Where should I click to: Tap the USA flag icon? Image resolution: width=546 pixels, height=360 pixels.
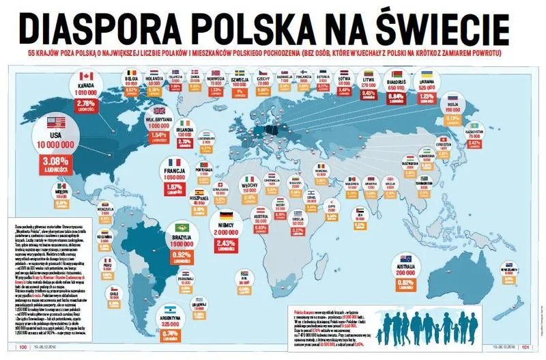(x=58, y=122)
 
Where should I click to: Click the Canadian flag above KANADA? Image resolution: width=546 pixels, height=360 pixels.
(x=86, y=76)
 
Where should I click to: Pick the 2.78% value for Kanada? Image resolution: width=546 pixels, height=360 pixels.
(x=86, y=103)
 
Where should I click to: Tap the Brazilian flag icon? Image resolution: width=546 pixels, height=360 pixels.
(x=181, y=227)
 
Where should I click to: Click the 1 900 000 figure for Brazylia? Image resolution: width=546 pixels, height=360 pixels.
(x=181, y=244)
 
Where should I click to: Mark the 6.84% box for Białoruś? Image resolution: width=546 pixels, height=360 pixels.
(x=397, y=96)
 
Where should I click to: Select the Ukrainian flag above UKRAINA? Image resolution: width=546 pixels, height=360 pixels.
(x=427, y=73)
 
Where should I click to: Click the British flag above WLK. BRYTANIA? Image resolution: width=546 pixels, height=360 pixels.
(x=160, y=111)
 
